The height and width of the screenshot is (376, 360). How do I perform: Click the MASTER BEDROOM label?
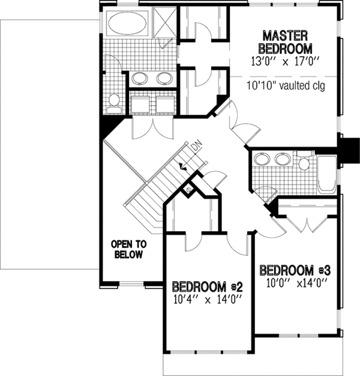[286, 40]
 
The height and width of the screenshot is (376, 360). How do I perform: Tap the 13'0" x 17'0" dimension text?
[286, 61]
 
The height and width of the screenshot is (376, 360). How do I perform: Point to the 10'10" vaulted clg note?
[286, 86]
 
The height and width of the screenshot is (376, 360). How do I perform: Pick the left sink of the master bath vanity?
[140, 77]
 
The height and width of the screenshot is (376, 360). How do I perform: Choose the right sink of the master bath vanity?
[164, 77]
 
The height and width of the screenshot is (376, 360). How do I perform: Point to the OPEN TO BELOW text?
[128, 249]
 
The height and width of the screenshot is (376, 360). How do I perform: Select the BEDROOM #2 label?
[207, 285]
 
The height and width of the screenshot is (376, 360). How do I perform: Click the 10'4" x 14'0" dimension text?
[207, 298]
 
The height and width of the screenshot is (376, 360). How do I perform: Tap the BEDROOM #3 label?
[295, 270]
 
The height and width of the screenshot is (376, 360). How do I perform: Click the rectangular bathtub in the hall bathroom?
[327, 174]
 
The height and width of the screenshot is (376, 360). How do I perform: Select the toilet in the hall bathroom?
[304, 163]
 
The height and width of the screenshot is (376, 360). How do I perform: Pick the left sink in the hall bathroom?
[262, 160]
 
